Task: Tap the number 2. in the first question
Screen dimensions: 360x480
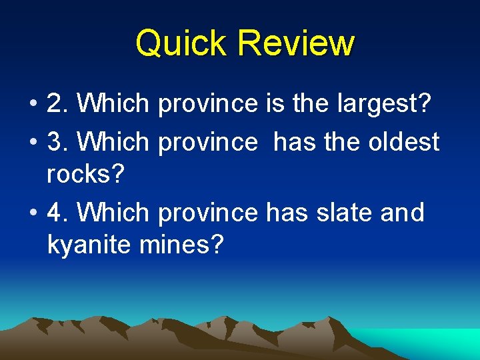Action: click(58, 103)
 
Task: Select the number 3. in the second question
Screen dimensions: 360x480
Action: click(58, 141)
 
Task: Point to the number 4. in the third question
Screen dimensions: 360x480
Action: click(58, 213)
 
